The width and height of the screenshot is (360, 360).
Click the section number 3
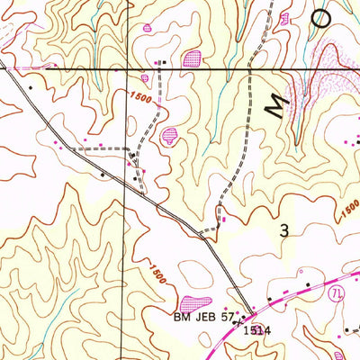coord(285,231)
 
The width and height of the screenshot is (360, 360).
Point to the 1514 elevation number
coord(256,331)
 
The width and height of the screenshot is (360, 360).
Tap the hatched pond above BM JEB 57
coord(194,303)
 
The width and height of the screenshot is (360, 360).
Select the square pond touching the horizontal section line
coord(191,59)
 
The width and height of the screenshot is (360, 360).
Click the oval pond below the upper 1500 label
coord(169,136)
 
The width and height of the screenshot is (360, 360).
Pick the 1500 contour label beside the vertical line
coord(139,95)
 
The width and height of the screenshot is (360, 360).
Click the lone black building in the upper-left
coord(30,86)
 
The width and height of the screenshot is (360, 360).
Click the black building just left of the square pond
coord(163,61)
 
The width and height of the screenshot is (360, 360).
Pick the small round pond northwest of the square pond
coord(147,28)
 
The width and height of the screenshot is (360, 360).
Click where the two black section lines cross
coord(126,68)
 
